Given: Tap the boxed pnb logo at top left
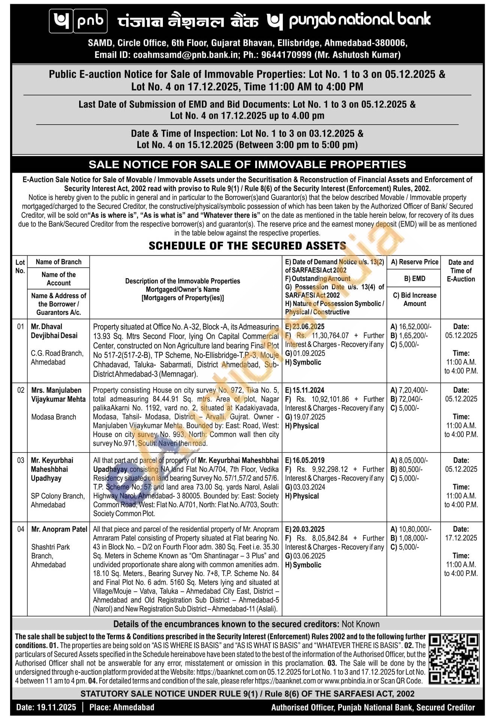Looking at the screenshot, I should point(78,21).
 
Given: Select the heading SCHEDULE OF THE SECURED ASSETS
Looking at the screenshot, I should point(247,246).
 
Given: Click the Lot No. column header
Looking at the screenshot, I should point(20,266).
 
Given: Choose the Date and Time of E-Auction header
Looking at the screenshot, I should point(461,270).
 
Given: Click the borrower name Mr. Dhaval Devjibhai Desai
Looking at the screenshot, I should point(54,331).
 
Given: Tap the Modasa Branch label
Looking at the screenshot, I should point(54,417).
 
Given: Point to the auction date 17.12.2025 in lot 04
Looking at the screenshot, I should point(461,538).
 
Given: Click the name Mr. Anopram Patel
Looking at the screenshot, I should point(59,529).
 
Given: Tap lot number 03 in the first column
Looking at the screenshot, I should point(20,460).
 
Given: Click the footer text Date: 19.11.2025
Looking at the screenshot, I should point(46,707).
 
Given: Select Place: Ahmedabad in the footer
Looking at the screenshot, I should point(122,707).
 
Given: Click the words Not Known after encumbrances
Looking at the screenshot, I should point(361,624).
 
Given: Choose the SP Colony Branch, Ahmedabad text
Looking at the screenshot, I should point(57,500).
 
